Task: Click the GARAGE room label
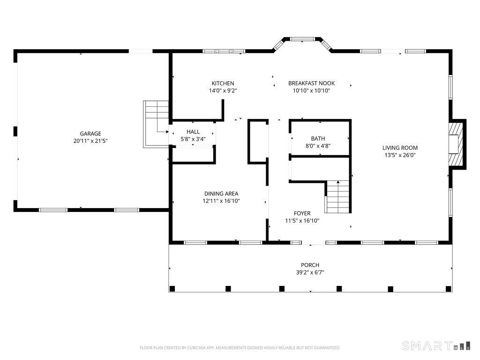pyautogui.click(x=90, y=134)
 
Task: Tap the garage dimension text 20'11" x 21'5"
pyautogui.click(x=90, y=141)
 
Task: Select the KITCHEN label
pyautogui.click(x=223, y=83)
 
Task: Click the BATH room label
pyautogui.click(x=318, y=139)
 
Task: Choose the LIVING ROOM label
pyautogui.click(x=400, y=148)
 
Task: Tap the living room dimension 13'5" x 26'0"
pyautogui.click(x=400, y=155)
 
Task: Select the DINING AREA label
pyautogui.click(x=221, y=194)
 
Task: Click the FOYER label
pyautogui.click(x=302, y=213)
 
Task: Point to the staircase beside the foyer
pyautogui.click(x=338, y=197)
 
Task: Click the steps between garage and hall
pyautogui.click(x=157, y=123)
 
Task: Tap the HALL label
pyautogui.click(x=193, y=132)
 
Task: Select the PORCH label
pyautogui.click(x=310, y=265)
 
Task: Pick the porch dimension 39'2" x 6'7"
pyautogui.click(x=310, y=272)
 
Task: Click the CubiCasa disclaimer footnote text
pyautogui.click(x=240, y=348)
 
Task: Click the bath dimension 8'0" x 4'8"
pyautogui.click(x=318, y=146)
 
